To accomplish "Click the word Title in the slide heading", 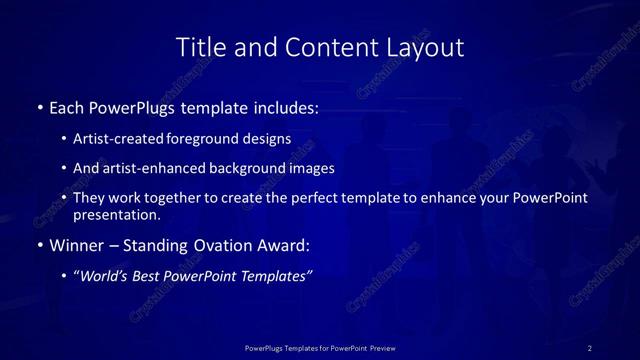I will point(198,47).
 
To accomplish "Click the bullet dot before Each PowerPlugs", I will point(39,107).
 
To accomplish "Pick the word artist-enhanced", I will point(141,168).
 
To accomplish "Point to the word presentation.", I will point(116,214).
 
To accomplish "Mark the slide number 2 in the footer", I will point(590,348).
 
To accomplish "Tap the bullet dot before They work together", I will point(65,198).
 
